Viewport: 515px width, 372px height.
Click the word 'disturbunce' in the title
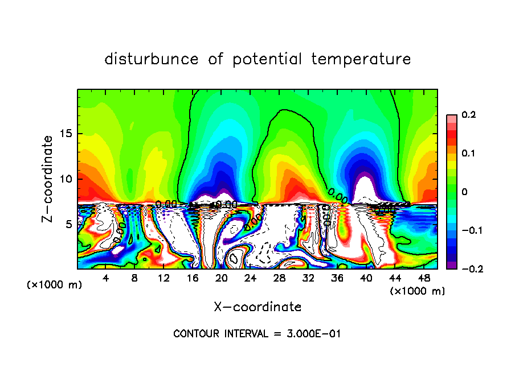[x=152, y=59]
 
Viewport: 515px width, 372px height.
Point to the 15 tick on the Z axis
[x=67, y=134]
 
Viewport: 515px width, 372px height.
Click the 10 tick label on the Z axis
[x=67, y=179]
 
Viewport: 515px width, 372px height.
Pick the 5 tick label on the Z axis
[x=70, y=224]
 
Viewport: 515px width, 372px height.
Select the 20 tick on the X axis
[x=222, y=278]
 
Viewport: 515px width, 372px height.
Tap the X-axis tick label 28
[x=279, y=278]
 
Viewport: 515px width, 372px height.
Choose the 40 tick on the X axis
[x=366, y=278]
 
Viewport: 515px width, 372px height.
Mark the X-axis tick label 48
[x=423, y=278]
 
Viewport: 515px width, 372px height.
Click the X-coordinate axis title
[x=257, y=307]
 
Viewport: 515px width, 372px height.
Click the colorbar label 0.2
[x=468, y=115]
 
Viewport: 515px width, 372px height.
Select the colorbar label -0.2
[x=465, y=269]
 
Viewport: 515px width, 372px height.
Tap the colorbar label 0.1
[x=468, y=154]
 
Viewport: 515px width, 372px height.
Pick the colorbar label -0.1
[x=465, y=230]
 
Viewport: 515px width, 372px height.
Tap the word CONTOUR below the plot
[x=193, y=334]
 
